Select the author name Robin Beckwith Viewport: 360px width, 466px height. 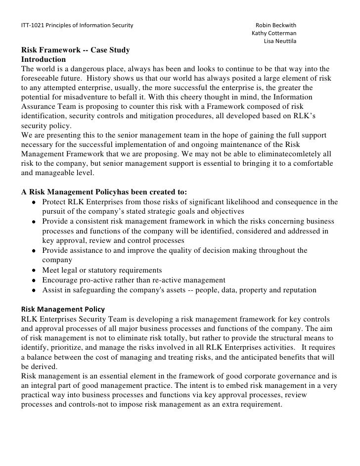275,25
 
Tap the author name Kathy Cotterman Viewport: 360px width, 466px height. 274,33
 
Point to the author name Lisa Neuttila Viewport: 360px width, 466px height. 280,41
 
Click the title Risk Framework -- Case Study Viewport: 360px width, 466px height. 75,50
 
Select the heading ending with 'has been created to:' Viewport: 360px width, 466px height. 104,192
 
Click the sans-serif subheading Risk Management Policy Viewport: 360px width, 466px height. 63,309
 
